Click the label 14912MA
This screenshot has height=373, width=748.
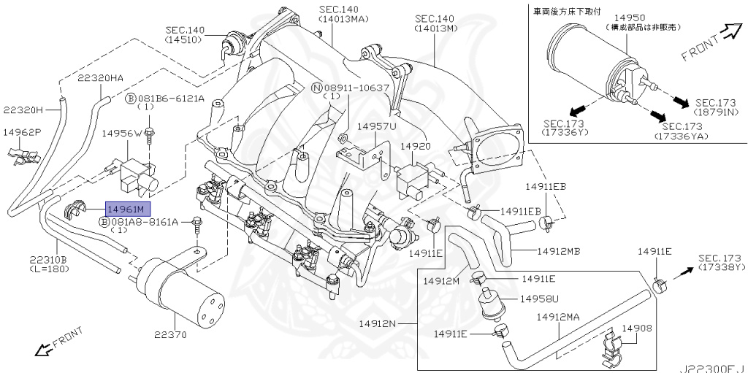[x=558, y=317]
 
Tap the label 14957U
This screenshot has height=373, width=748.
[x=376, y=126]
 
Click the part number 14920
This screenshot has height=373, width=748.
[x=416, y=146]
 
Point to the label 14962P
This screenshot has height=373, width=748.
[x=22, y=133]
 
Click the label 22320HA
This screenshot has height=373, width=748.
[x=100, y=78]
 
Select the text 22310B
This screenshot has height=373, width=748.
[x=48, y=260]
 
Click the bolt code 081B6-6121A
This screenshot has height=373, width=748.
[x=169, y=98]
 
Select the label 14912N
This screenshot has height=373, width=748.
[x=378, y=323]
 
